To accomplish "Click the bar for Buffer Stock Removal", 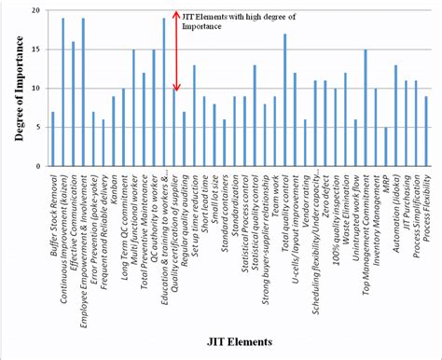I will click(x=53, y=139).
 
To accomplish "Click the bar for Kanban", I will click(x=114, y=132).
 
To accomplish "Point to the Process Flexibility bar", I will click(x=426, y=132).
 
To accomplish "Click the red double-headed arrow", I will click(x=174, y=51).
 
